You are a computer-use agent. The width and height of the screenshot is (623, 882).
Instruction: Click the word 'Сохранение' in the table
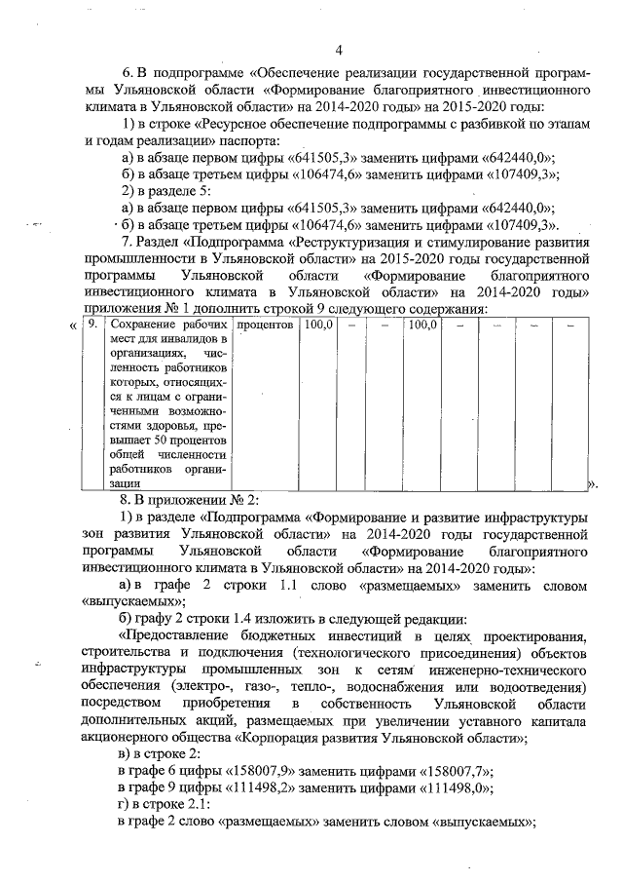[145, 325]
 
